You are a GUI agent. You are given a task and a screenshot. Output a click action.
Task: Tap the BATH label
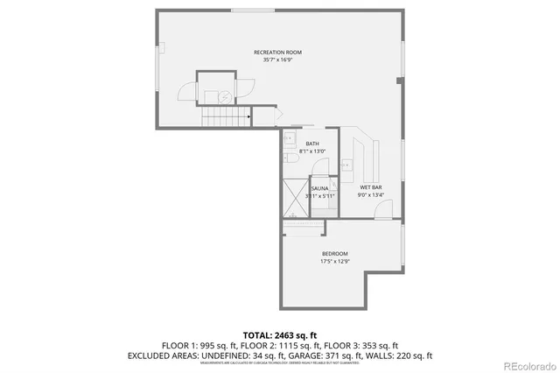pyautogui.click(x=312, y=144)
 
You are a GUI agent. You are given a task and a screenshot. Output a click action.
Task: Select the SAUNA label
pyautogui.click(x=319, y=188)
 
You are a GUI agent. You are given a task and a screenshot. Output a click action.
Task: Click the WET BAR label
pyautogui.click(x=370, y=187)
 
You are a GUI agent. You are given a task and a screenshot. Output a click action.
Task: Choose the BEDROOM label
pyautogui.click(x=334, y=253)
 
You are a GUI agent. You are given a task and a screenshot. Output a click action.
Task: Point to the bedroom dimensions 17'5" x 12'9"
pyautogui.click(x=334, y=261)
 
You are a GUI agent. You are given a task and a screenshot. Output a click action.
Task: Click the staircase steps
pyautogui.click(x=224, y=116)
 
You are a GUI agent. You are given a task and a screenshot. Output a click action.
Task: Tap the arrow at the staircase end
pyautogui.click(x=249, y=115)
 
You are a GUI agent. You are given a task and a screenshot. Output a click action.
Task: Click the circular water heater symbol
pyautogui.click(x=225, y=96)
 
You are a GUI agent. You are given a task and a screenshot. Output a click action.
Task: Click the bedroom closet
pyautogui.click(x=303, y=229)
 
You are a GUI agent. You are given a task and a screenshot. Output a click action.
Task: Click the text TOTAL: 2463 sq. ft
pyautogui.click(x=279, y=335)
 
